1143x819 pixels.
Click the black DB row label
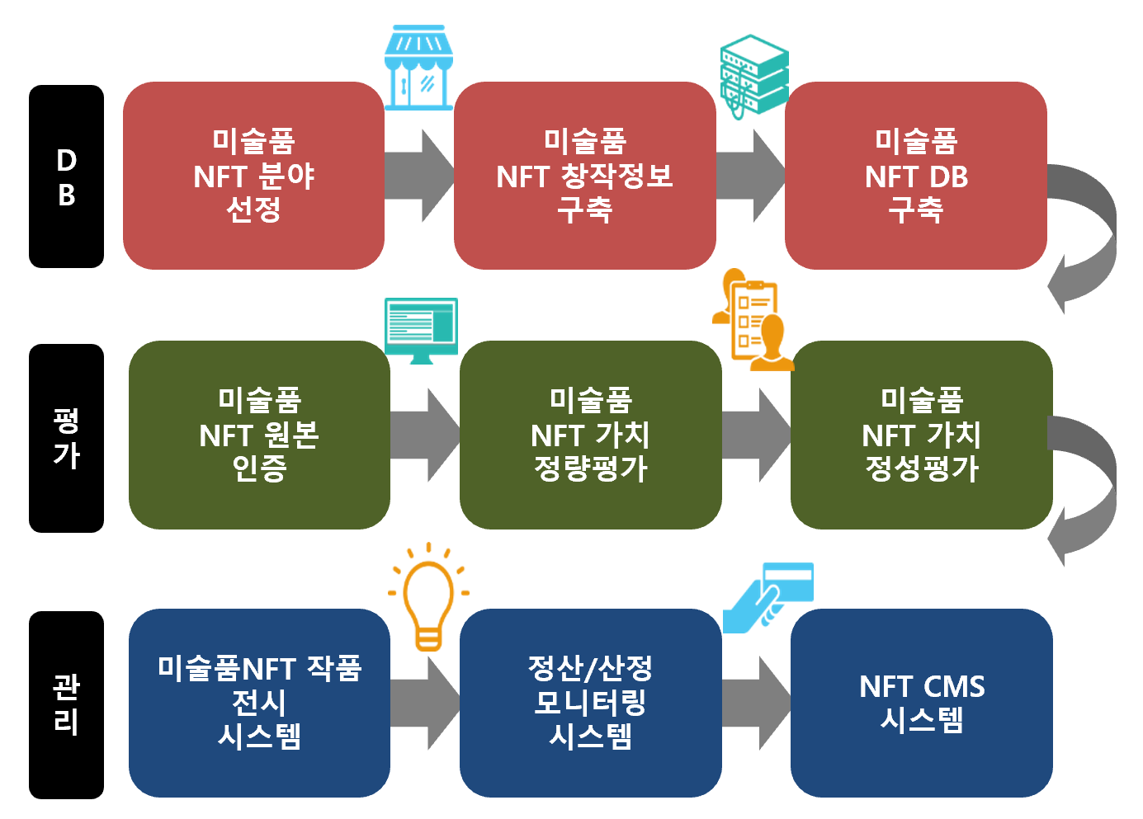[x=66, y=177]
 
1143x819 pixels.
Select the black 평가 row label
[x=66, y=438]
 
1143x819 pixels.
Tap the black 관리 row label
[x=66, y=704]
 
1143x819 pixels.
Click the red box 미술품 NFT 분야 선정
[x=253, y=176]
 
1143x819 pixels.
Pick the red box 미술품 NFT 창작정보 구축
[x=584, y=176]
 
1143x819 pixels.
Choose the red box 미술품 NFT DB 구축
[x=915, y=176]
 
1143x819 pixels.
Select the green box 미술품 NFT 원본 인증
[x=259, y=435]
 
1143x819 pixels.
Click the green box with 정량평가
[x=590, y=435]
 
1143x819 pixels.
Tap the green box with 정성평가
[x=921, y=435]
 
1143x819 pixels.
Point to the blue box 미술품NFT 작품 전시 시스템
[x=259, y=703]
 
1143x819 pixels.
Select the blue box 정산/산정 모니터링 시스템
[x=590, y=703]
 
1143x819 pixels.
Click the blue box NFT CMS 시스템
[x=921, y=703]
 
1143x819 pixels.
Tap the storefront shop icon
[x=418, y=68]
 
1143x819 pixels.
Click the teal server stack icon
[x=753, y=74]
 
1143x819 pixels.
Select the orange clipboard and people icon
[x=753, y=320]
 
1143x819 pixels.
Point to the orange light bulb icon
[x=428, y=597]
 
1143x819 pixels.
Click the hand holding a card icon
[x=768, y=597]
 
